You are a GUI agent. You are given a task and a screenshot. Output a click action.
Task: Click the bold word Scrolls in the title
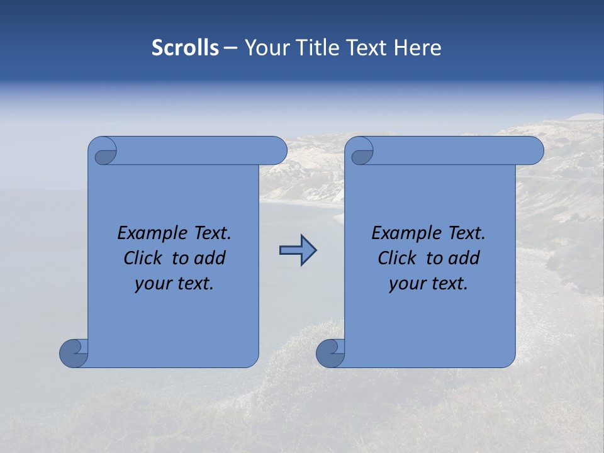[185, 48]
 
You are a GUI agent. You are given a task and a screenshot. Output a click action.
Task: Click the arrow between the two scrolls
[298, 250]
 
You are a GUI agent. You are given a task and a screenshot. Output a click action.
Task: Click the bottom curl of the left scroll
[74, 354]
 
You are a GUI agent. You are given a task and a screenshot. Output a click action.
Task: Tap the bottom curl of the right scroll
[330, 354]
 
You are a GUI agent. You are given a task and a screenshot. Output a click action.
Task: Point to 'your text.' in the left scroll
[174, 284]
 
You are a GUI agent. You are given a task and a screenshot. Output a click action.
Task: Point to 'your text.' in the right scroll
[428, 284]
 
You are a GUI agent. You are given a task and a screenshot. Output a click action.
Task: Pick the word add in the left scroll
[210, 258]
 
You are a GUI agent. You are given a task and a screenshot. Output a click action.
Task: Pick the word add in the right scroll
[464, 258]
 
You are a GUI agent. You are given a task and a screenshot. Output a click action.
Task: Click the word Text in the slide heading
[368, 48]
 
